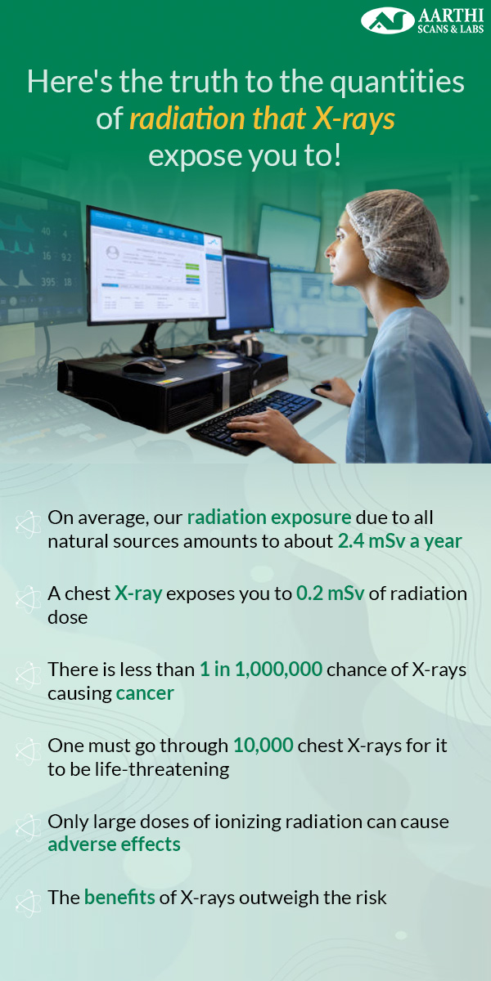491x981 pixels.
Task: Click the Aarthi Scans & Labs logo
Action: [x=422, y=20]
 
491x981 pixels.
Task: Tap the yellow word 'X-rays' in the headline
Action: [x=354, y=119]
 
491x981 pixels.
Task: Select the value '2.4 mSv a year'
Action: [x=400, y=541]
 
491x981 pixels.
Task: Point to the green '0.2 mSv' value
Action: [x=330, y=594]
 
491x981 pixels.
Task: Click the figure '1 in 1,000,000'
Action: [x=261, y=670]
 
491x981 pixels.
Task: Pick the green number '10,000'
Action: [x=263, y=746]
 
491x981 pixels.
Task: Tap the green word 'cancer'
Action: [x=145, y=693]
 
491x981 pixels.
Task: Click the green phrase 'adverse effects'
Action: [x=114, y=844]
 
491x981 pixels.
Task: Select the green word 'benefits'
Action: [x=119, y=897]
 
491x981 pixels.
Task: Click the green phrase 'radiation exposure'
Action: [x=269, y=517]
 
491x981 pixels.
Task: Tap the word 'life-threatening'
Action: [x=162, y=769]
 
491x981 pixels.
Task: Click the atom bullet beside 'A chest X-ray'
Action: [x=29, y=599]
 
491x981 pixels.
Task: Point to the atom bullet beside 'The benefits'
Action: [x=29, y=903]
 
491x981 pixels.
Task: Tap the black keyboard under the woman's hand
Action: [x=255, y=419]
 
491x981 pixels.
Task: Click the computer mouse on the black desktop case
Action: [x=144, y=365]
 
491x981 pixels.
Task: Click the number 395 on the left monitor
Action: [x=48, y=281]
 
